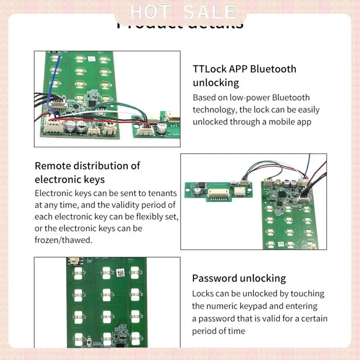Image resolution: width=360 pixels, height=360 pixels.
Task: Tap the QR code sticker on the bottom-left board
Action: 121,273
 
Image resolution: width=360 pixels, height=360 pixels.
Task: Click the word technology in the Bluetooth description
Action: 214,109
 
